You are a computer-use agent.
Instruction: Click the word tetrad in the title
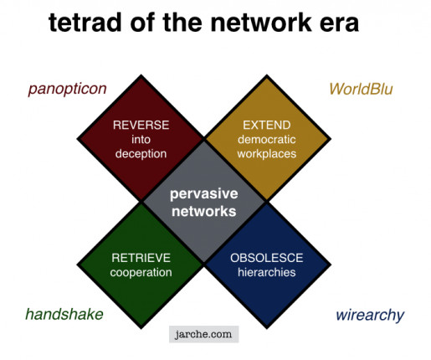[x=85, y=23]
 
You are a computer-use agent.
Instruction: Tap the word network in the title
[x=261, y=23]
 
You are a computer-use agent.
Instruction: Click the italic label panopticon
[x=67, y=90]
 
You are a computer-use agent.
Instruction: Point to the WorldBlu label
[x=361, y=90]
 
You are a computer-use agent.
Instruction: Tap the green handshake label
[x=64, y=314]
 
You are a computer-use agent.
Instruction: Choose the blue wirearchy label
[x=370, y=316]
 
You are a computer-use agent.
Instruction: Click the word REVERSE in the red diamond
[x=141, y=125]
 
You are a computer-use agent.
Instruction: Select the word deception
[x=141, y=154]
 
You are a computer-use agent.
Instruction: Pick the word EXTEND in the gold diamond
[x=267, y=125]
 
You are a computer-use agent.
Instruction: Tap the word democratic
[x=267, y=140]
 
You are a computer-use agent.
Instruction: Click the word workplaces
[x=267, y=154]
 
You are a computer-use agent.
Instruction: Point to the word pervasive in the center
[x=204, y=194]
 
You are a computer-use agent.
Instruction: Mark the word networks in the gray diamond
[x=204, y=211]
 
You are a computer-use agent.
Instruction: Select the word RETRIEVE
[x=141, y=258]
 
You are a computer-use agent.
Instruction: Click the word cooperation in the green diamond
[x=141, y=273]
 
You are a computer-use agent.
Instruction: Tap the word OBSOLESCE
[x=267, y=258]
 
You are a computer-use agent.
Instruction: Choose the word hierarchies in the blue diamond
[x=267, y=272]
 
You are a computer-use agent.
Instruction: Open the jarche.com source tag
[x=204, y=334]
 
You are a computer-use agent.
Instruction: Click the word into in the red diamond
[x=141, y=140]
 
